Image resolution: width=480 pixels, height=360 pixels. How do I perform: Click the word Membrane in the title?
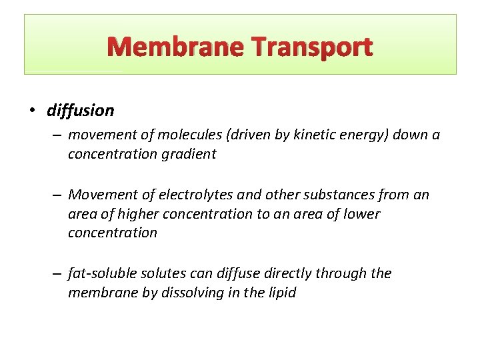pos(175,47)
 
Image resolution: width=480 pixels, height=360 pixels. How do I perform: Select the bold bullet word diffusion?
pos(81,110)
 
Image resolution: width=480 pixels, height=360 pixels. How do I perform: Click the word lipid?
pos(280,292)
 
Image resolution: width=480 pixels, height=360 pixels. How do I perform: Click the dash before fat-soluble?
pos(58,273)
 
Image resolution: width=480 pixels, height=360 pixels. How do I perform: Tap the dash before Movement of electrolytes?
pos(58,195)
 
